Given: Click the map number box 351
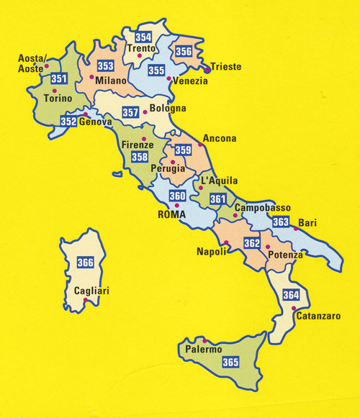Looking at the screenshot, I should pos(60,79).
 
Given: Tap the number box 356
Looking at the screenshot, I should pos(184,51).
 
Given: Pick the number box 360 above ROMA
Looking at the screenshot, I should pos(177,196).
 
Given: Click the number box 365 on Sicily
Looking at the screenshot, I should pos(231,362).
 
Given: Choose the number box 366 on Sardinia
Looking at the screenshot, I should pos(85,262).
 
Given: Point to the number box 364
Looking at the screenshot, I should pos(291,295).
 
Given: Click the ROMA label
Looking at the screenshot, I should pos(171,214).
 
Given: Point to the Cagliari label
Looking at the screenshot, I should pos(92,291).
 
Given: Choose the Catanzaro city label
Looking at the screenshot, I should pos(318,315).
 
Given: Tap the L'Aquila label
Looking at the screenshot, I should pos(218,181).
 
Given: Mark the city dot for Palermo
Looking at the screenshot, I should pos(205,340).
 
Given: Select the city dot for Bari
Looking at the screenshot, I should pos(296,229).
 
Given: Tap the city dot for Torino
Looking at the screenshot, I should pos(54,90).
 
